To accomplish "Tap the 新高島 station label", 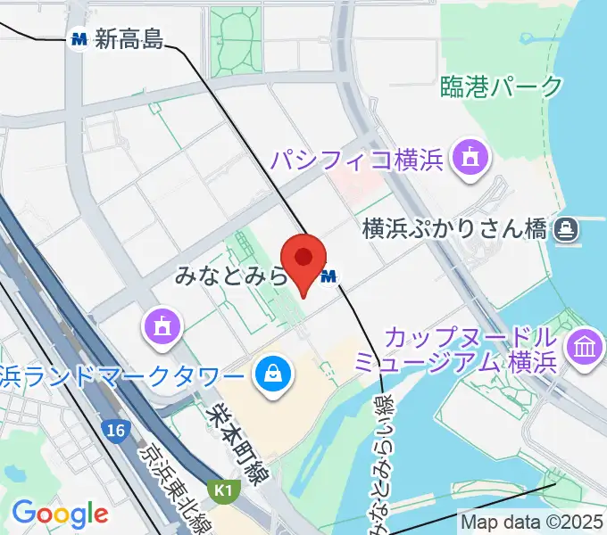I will tap(129, 38).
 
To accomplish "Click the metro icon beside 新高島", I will tap(80, 38).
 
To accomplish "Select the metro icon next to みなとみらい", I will tap(328, 277).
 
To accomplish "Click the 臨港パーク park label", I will tap(502, 86).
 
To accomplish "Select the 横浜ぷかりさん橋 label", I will tap(454, 230).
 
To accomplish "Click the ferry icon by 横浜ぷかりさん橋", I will tap(565, 231).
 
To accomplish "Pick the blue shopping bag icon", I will tap(270, 374).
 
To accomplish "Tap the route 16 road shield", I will tap(114, 431).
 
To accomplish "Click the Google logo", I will tap(60, 514).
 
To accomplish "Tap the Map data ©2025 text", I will tap(532, 522).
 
